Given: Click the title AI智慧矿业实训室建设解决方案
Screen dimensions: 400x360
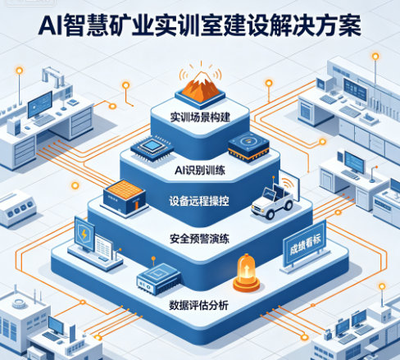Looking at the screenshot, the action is [x=200, y=25].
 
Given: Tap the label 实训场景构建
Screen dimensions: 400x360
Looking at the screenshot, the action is [x=200, y=117].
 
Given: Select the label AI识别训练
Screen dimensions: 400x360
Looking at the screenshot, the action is [x=200, y=171].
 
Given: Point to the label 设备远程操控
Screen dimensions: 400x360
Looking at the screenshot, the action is [x=199, y=202].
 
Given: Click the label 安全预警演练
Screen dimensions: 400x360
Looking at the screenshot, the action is [x=199, y=239].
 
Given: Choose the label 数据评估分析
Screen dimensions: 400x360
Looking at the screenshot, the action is [x=198, y=305].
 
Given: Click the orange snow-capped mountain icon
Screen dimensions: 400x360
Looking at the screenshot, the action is [x=201, y=84].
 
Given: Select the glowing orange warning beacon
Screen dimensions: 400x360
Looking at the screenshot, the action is [x=247, y=273].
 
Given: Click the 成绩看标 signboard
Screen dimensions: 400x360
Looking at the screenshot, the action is [x=305, y=245].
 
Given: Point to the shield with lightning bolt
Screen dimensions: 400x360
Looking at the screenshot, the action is [x=84, y=235].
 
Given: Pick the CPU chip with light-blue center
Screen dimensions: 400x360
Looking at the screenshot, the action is [x=152, y=147].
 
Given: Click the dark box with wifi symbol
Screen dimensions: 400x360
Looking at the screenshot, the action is [x=248, y=147].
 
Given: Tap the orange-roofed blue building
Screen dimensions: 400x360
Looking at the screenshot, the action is [x=125, y=198].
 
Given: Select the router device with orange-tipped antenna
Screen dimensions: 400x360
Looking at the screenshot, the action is [x=157, y=278].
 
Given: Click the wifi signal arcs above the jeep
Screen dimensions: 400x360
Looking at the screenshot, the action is [x=287, y=183].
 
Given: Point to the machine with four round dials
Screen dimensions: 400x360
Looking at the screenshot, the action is [x=18, y=207].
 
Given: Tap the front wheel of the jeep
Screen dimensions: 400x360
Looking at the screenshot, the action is [x=270, y=215].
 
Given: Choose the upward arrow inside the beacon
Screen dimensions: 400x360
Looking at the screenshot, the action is [x=247, y=271].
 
